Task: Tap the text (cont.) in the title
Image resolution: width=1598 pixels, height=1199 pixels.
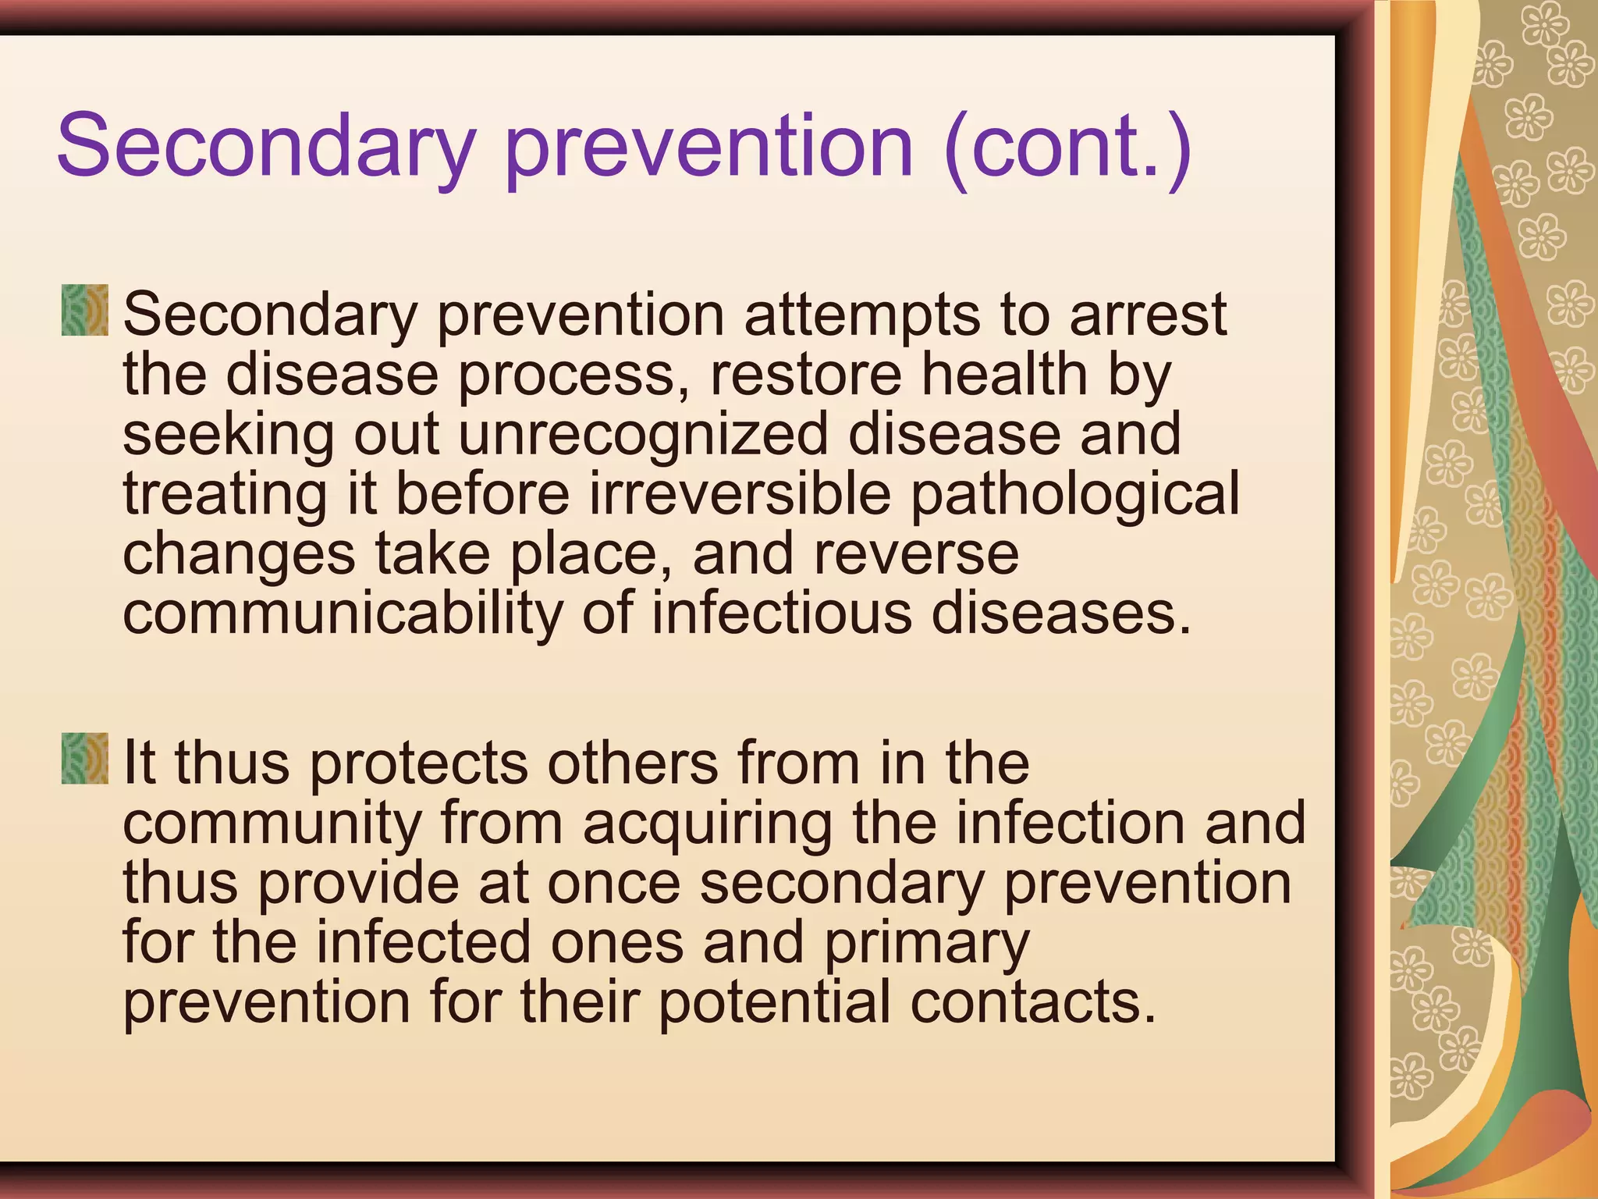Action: [1067, 147]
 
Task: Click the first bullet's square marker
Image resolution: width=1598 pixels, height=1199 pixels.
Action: [84, 311]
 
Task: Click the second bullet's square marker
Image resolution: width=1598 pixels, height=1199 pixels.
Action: [84, 759]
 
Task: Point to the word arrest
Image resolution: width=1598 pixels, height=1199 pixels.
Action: [1148, 315]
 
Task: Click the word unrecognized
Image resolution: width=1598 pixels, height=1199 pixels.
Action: [642, 435]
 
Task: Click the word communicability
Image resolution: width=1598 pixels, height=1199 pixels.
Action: [342, 614]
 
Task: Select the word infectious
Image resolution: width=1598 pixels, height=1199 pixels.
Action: [781, 613]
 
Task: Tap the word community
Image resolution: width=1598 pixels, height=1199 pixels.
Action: [272, 824]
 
